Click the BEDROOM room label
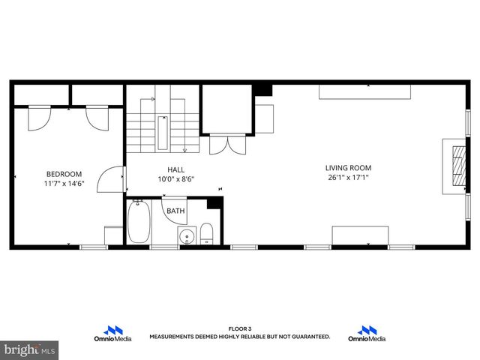pos(64,173)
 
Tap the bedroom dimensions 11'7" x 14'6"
pos(64,183)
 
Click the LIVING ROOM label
pos(348,168)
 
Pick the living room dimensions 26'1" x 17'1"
pos(348,178)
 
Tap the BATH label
pos(175,211)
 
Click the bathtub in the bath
pos(138,222)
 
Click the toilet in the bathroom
pos(207,234)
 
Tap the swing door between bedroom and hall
pos(115,178)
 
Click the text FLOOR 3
pos(239,329)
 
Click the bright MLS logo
pos(30,349)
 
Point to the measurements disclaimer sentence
pos(239,337)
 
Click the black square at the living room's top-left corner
pos(262,89)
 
